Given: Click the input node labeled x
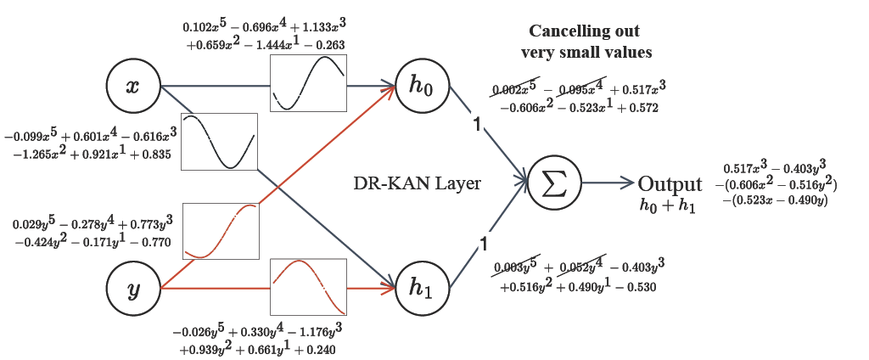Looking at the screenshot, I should click(x=133, y=87).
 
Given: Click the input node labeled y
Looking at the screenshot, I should click(x=133, y=289).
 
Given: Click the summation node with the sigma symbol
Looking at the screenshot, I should click(x=554, y=183).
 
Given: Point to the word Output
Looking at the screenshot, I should click(x=670, y=184).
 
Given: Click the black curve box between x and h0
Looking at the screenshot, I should click(x=308, y=85).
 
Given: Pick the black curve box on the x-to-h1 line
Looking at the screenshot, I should click(x=218, y=142).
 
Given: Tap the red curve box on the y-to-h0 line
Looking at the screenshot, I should click(x=220, y=230).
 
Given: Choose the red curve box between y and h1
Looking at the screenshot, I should click(x=308, y=288).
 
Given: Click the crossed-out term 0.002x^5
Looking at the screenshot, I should click(x=515, y=88).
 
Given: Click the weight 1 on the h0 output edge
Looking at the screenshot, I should click(x=477, y=127).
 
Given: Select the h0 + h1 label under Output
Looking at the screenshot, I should click(x=668, y=205).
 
